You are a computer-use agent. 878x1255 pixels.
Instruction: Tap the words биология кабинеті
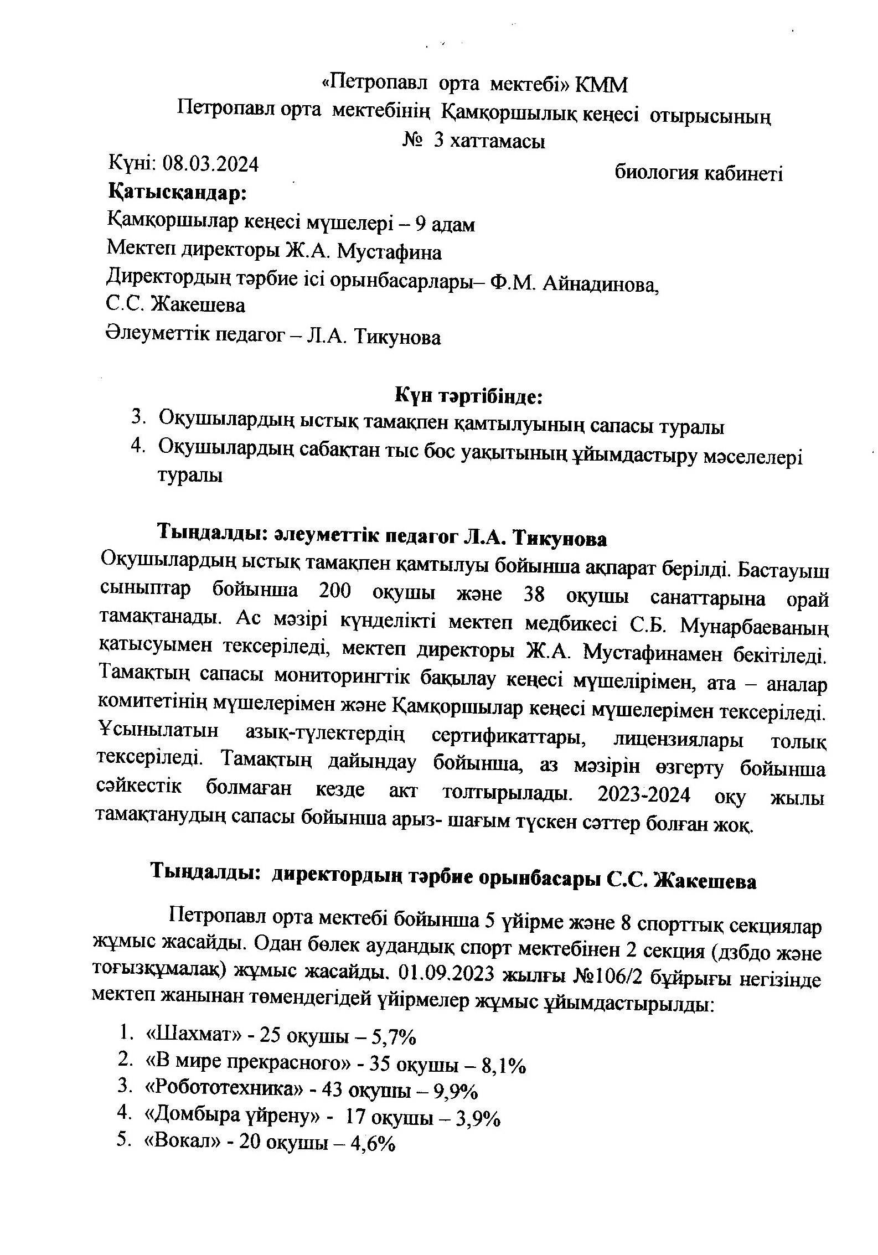click(x=699, y=173)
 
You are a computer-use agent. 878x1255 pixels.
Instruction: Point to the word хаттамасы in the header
click(x=498, y=142)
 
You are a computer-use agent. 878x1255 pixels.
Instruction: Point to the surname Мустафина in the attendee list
click(x=389, y=253)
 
